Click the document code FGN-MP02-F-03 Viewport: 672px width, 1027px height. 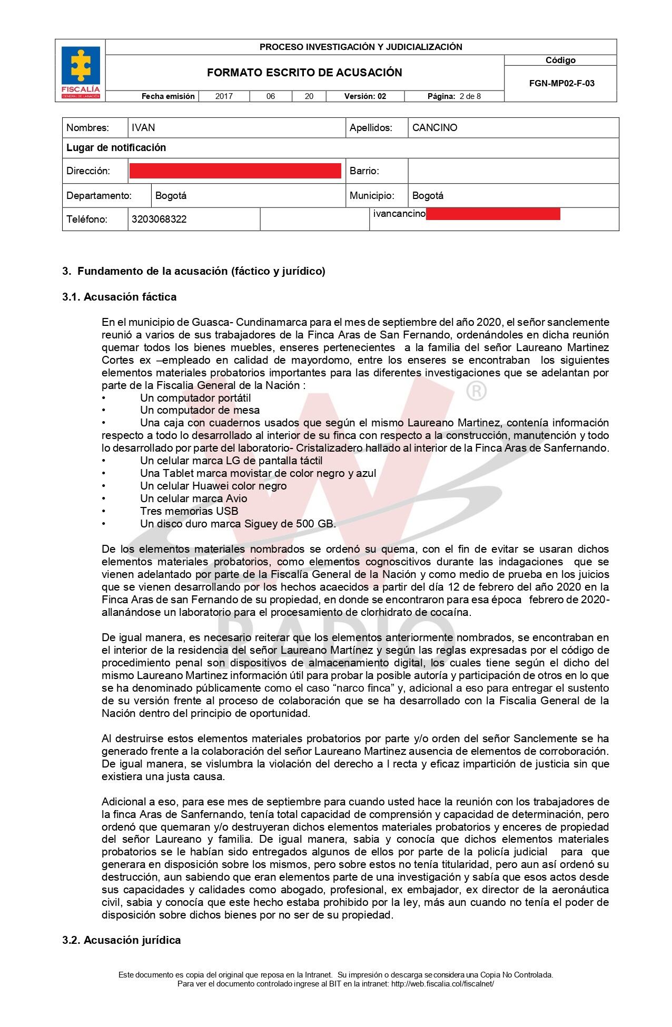pos(561,83)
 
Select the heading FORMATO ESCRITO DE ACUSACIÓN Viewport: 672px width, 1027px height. pos(304,73)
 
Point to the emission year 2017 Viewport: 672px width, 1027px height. pos(224,96)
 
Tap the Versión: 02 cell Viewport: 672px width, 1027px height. pos(365,96)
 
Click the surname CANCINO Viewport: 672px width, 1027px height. pos(434,128)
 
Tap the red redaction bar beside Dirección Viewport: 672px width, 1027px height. pos(235,171)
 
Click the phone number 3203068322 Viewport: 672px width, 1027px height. pos(159,220)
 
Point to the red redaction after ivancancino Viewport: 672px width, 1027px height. pos(492,214)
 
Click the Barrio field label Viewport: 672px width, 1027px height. pos(364,171)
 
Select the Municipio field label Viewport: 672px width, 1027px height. pos(372,196)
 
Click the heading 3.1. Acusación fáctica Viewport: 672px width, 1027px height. pos(119,297)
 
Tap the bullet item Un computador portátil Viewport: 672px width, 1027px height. pos(195,398)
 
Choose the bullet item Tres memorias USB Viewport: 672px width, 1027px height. pos(189,511)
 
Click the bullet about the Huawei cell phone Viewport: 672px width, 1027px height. pos(213,486)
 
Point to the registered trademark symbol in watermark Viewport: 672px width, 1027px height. pos(476,391)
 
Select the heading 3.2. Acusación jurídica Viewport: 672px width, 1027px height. pos(121,940)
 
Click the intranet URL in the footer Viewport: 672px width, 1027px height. pos(442,983)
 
